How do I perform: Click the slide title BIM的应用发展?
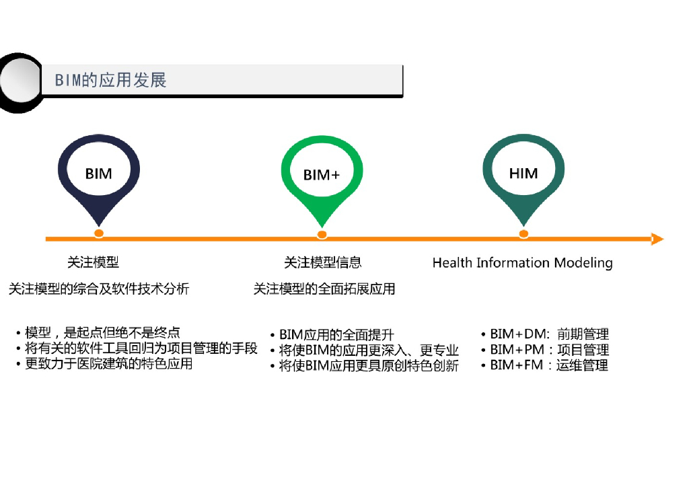tap(110, 81)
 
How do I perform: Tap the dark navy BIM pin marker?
tap(99, 174)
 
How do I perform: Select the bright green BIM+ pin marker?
tap(322, 175)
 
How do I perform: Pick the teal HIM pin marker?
tap(523, 174)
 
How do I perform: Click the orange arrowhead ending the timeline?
tap(657, 239)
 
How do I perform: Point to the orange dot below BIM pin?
tap(99, 233)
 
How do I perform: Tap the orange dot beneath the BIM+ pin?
tap(322, 235)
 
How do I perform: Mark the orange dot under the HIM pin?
tap(523, 234)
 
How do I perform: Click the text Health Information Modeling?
tap(522, 263)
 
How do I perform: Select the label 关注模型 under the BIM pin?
tap(93, 262)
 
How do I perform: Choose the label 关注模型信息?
tap(323, 262)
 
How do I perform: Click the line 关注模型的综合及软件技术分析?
tap(99, 289)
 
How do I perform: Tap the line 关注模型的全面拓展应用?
tap(324, 289)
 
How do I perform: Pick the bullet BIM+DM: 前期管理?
tap(548, 334)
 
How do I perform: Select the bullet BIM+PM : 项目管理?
tap(548, 350)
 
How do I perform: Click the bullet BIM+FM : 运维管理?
tap(548, 365)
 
